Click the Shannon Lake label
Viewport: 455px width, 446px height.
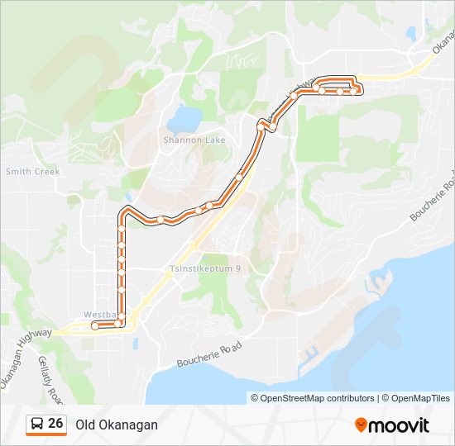click(x=194, y=140)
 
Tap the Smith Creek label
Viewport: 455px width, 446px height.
click(x=33, y=172)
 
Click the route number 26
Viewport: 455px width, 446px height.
click(x=55, y=424)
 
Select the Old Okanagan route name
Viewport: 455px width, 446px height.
click(x=116, y=425)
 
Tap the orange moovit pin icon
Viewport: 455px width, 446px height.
click(x=361, y=425)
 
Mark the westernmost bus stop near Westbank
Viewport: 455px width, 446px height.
click(x=95, y=326)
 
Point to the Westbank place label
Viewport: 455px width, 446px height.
click(x=98, y=315)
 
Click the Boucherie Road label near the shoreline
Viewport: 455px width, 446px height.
click(x=209, y=356)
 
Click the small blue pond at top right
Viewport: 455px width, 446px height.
click(x=410, y=34)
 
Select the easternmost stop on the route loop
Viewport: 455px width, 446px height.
click(x=354, y=91)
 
